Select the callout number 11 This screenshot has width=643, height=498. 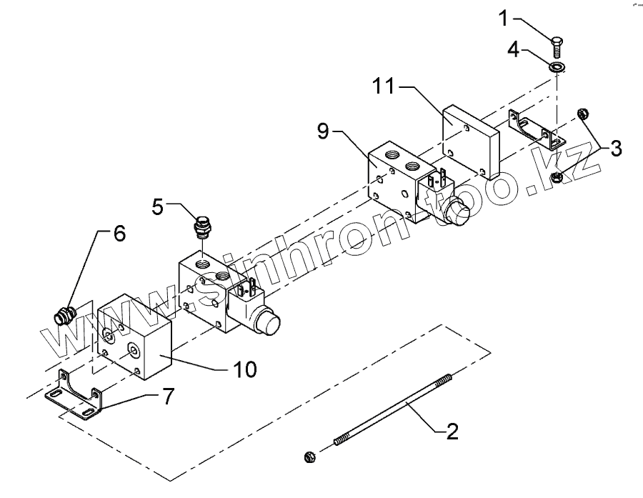coord(385,86)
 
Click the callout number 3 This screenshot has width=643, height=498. coord(615,149)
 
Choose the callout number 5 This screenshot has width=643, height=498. coord(159,207)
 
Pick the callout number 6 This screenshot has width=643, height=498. coord(118,234)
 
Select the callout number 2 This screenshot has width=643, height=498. coord(452,431)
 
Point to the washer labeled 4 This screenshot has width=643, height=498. coord(557,67)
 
